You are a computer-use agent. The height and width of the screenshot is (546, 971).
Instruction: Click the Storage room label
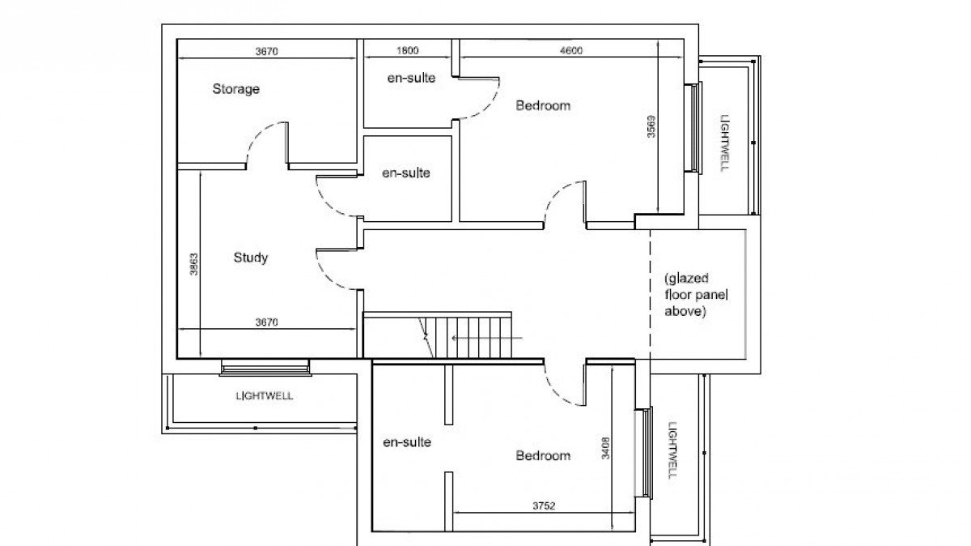pyautogui.click(x=235, y=89)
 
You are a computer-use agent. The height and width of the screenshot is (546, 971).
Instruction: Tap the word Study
pyautogui.click(x=250, y=258)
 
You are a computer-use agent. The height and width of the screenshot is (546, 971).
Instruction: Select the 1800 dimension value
pyautogui.click(x=407, y=51)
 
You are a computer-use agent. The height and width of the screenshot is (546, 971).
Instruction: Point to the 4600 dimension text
pyautogui.click(x=571, y=51)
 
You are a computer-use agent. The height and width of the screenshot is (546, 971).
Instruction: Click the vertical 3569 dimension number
pyautogui.click(x=651, y=129)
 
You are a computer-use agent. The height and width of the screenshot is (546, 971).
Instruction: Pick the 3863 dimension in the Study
pyautogui.click(x=193, y=264)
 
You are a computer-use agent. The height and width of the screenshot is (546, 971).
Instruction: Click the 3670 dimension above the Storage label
pyautogui.click(x=266, y=51)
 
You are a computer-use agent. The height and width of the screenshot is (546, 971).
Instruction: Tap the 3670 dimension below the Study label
pyautogui.click(x=266, y=322)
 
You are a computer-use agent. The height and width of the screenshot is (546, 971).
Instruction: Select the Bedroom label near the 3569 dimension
pyautogui.click(x=543, y=105)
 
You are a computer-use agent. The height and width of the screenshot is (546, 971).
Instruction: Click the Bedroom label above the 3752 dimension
pyautogui.click(x=542, y=456)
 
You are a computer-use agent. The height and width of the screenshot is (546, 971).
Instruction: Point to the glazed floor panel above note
pyautogui.click(x=685, y=296)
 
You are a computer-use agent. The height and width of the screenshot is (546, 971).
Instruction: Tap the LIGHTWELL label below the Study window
pyautogui.click(x=265, y=397)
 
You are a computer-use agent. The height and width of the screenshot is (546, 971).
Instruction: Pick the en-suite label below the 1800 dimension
pyautogui.click(x=409, y=78)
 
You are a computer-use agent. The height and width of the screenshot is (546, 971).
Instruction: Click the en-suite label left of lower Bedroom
pyautogui.click(x=406, y=442)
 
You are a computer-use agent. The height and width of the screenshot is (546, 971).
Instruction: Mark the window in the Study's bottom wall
pyautogui.click(x=265, y=369)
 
